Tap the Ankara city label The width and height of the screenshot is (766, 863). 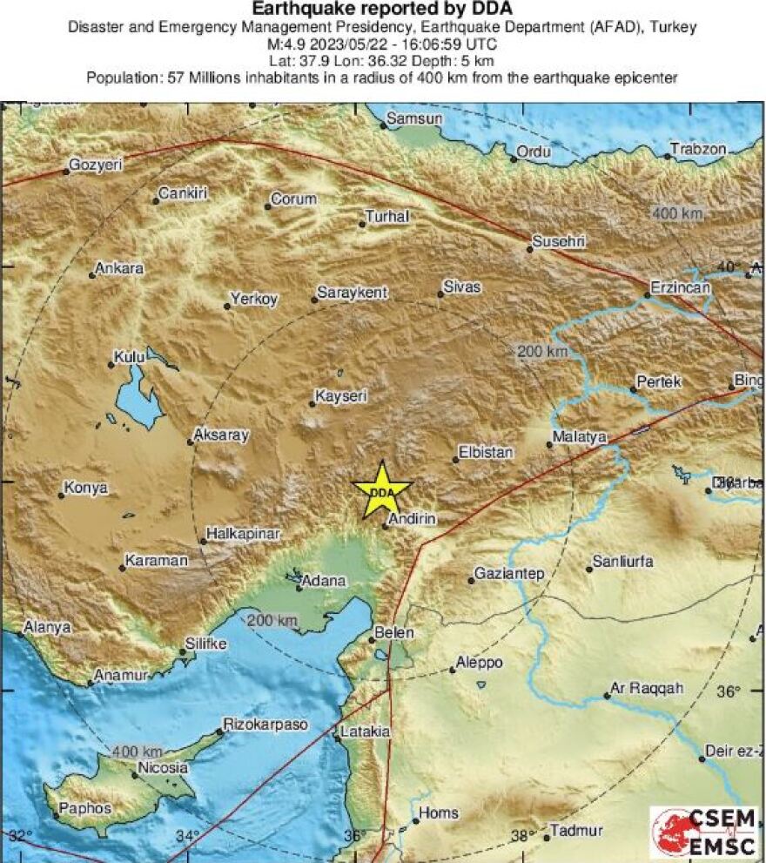118,269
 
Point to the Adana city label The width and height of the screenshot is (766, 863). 326,581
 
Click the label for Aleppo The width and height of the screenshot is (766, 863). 480,664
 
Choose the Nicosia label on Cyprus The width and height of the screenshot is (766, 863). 163,768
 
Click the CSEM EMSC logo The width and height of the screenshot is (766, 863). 704,832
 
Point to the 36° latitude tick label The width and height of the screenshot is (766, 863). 729,691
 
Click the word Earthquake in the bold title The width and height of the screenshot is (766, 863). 303,10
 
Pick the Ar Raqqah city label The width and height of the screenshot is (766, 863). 646,688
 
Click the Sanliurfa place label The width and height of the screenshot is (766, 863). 622,562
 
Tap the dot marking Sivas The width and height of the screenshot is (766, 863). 440,294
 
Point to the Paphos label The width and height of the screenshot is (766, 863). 86,808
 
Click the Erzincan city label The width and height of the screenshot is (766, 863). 682,287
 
